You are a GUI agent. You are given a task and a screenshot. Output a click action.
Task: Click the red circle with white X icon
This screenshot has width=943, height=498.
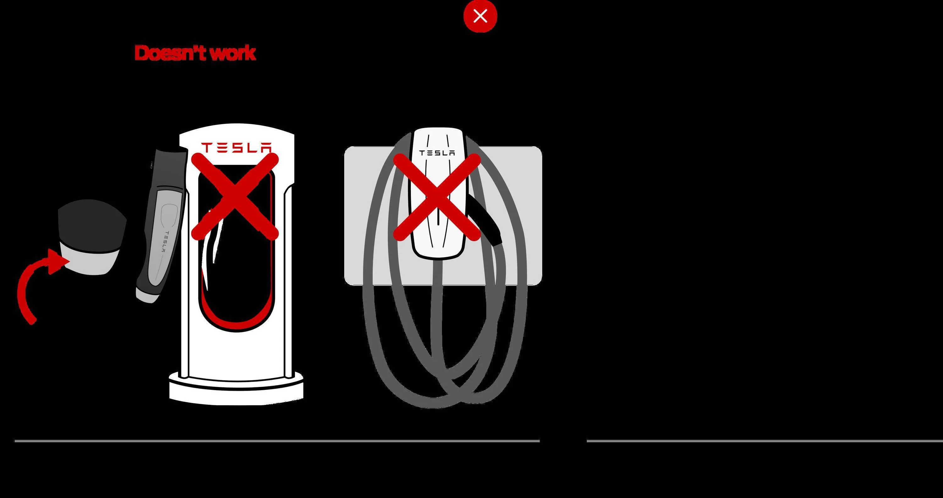click(x=480, y=16)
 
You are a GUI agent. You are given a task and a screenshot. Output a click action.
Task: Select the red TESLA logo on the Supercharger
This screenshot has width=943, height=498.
click(x=237, y=147)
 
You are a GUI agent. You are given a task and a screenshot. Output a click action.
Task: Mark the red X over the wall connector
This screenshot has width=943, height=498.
click(x=437, y=197)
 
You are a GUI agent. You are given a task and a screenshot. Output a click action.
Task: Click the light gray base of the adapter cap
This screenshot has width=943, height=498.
click(x=91, y=261)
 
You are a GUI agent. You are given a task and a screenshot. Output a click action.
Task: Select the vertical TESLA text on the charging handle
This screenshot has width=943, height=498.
click(x=167, y=242)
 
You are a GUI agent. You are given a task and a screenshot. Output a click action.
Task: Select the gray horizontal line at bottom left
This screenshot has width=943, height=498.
click(x=277, y=441)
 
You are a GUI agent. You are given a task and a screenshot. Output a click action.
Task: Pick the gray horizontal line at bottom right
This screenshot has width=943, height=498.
click(x=765, y=441)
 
